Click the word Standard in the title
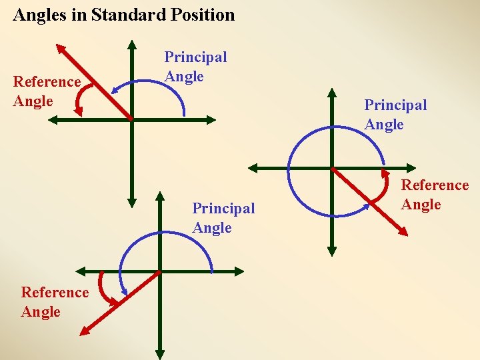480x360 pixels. coord(125,15)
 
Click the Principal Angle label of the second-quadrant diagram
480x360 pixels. coord(195,67)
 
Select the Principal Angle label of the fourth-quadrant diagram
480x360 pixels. coord(395,114)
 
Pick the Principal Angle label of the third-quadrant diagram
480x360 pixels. coord(223,218)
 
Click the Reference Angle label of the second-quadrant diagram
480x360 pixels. coord(47,91)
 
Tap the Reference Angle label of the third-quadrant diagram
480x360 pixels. coord(55,301)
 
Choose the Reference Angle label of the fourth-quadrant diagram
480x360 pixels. coord(435,195)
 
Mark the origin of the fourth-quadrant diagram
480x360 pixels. coord(332,169)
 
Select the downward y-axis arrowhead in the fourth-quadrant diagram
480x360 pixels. coord(332,251)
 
